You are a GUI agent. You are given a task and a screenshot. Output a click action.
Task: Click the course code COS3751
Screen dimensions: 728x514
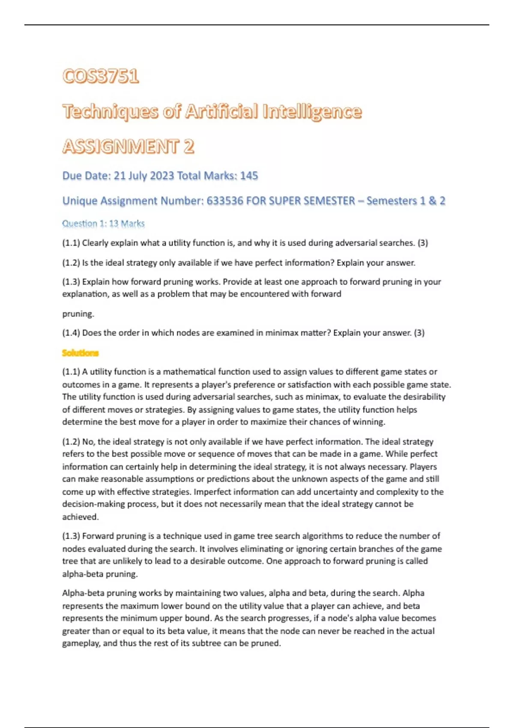point(101,77)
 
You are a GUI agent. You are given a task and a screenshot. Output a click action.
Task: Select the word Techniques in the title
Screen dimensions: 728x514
point(110,112)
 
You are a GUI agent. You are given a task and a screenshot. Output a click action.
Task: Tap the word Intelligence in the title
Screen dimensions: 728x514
point(312,112)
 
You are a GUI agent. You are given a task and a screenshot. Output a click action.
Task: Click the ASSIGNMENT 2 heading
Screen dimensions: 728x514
point(128,147)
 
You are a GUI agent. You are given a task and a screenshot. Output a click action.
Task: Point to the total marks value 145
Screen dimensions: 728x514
point(249,176)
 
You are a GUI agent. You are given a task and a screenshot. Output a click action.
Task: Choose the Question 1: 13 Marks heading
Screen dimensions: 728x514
point(103,224)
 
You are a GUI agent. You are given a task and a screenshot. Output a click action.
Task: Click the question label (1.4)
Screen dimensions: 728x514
point(71,333)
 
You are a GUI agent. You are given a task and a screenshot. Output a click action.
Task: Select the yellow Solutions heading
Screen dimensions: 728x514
point(80,353)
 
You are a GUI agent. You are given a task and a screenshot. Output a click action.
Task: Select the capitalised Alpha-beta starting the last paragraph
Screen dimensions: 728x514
point(83,593)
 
